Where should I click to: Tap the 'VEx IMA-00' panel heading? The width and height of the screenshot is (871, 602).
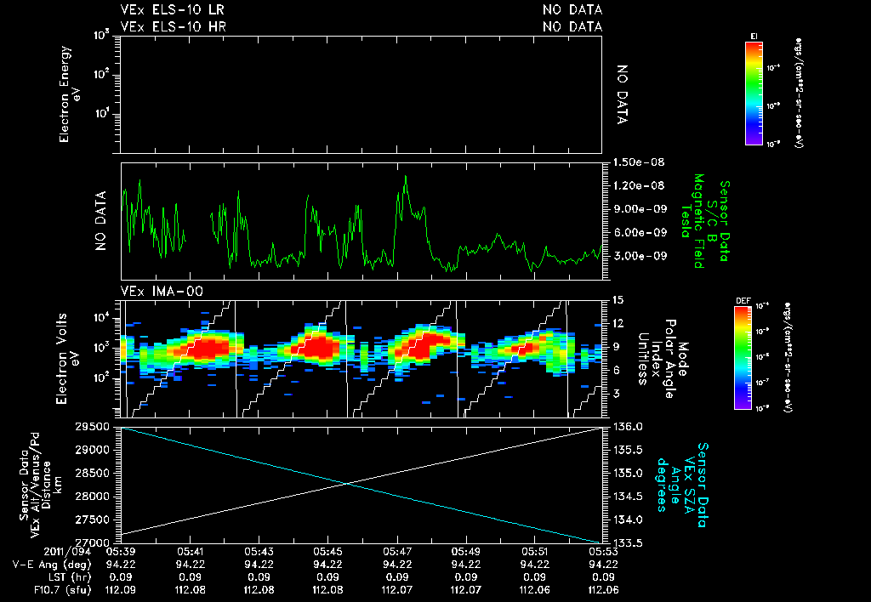pyautogui.click(x=154, y=292)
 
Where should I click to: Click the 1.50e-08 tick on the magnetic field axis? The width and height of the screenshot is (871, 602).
pyautogui.click(x=630, y=162)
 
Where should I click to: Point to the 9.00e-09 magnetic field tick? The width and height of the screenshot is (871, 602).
pyautogui.click(x=630, y=209)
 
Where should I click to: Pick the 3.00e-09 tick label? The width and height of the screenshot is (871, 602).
pyautogui.click(x=630, y=256)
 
